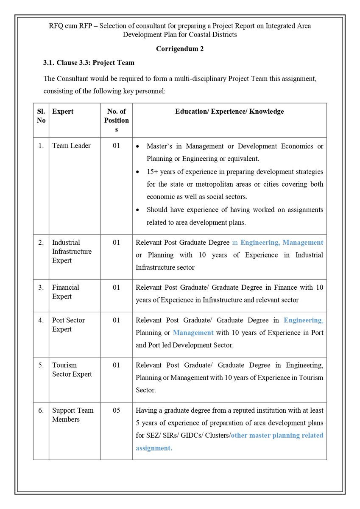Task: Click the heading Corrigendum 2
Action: pos(180,49)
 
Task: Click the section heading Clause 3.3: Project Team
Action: pos(89,63)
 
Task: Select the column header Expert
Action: pos(63,112)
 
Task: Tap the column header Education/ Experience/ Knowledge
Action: pos(229,112)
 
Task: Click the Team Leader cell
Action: pos(71,145)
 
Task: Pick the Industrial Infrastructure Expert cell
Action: pos(72,252)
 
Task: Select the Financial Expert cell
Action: pos(66,292)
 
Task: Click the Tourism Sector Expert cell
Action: pos(72,370)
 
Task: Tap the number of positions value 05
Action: pos(116,411)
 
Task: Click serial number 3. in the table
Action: pos(41,288)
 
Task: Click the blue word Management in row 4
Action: pos(193,333)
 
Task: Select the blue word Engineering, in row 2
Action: pos(260,243)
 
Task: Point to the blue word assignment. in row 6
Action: pos(154,448)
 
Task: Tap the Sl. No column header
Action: pos(41,116)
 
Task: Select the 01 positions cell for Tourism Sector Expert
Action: pos(116,365)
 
